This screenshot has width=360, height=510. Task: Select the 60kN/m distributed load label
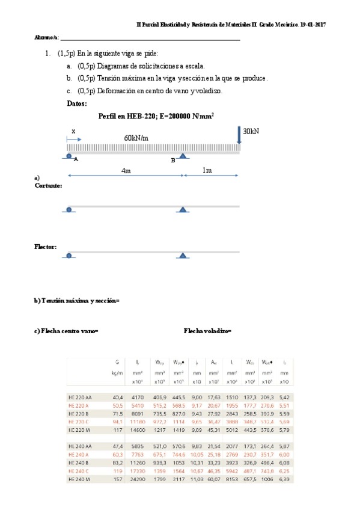(136, 138)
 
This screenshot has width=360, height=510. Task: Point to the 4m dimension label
(126, 170)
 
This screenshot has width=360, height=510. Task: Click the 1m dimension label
(207, 170)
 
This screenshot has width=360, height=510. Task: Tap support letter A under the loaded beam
(76, 160)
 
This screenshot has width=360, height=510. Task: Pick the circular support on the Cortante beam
(69, 209)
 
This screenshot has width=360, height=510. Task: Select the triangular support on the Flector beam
(182, 256)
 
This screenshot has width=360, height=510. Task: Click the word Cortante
(48, 186)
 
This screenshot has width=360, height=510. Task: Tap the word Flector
(46, 247)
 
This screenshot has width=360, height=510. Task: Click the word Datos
(77, 103)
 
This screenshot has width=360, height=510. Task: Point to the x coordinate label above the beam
(73, 131)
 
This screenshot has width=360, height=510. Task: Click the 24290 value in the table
(136, 479)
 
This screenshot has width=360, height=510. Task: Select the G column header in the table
(117, 362)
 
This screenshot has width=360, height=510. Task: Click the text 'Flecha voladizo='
(207, 331)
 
